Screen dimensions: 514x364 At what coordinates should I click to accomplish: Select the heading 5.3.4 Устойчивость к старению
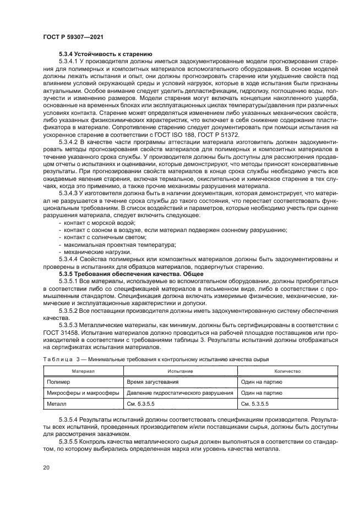click(105, 54)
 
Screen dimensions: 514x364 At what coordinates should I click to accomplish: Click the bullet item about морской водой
click(91, 223)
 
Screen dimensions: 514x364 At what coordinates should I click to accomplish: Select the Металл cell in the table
click(57, 404)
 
